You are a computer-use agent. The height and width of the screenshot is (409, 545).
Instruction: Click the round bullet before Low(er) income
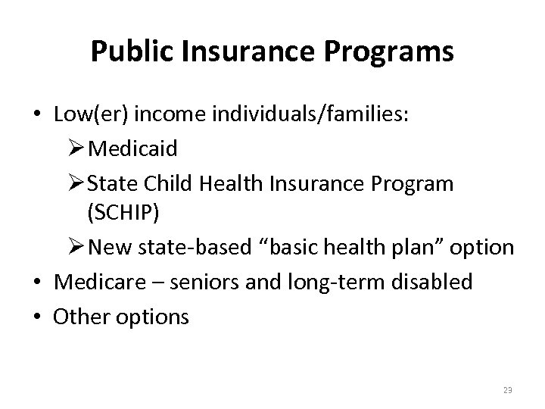coord(37,114)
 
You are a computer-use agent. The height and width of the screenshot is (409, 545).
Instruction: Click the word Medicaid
coord(133,148)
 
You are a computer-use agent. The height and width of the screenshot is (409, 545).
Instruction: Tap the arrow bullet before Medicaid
coord(76,148)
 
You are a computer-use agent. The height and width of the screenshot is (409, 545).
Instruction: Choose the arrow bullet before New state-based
coord(76,248)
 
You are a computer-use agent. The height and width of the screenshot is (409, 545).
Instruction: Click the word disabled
coord(435,283)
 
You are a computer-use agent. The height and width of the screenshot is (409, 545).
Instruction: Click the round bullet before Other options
coord(37,317)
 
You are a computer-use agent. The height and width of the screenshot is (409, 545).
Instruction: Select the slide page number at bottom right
coord(506,389)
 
